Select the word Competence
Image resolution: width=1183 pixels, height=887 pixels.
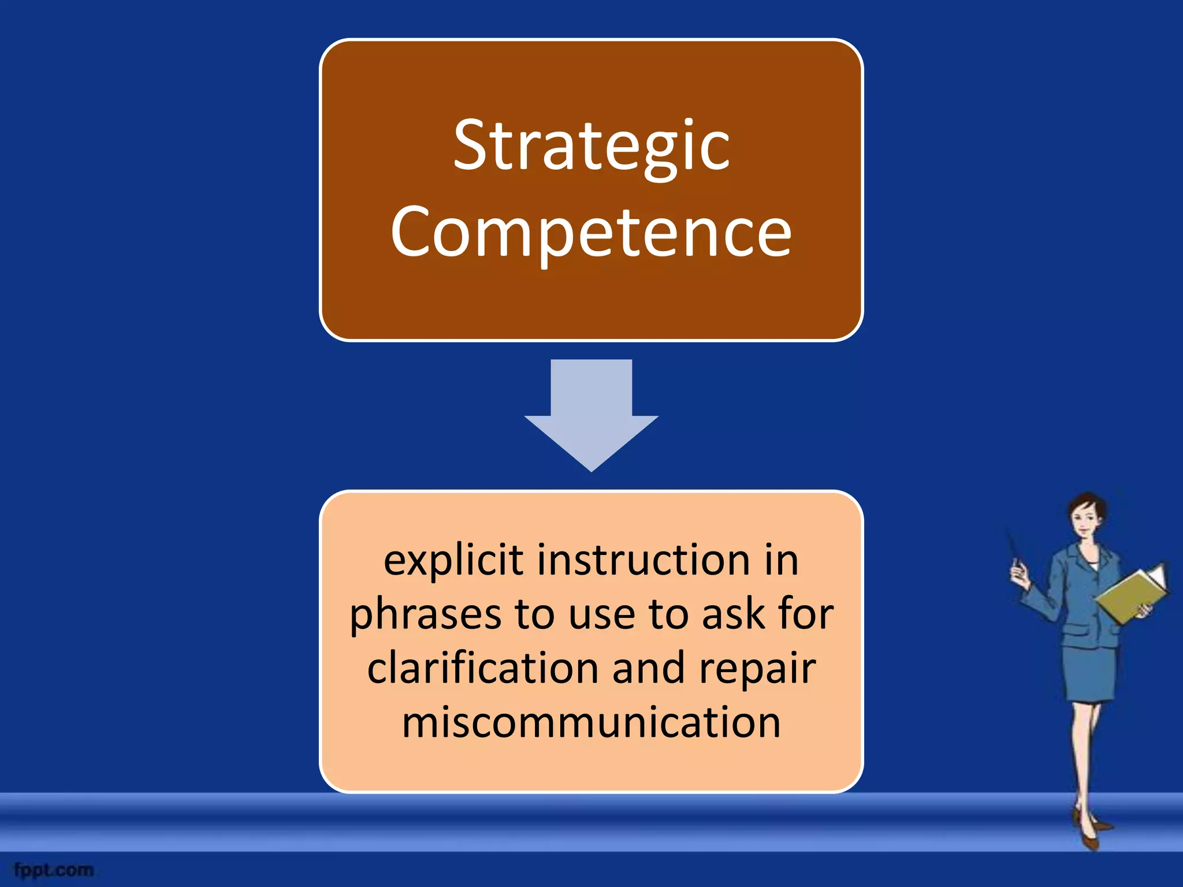point(591,233)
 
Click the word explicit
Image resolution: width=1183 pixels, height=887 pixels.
point(453,561)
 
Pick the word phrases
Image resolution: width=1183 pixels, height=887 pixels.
point(425,614)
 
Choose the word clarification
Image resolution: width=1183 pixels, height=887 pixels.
point(483,668)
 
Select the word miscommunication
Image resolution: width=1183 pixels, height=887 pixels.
point(591,722)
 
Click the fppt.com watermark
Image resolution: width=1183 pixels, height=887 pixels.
point(54,870)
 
